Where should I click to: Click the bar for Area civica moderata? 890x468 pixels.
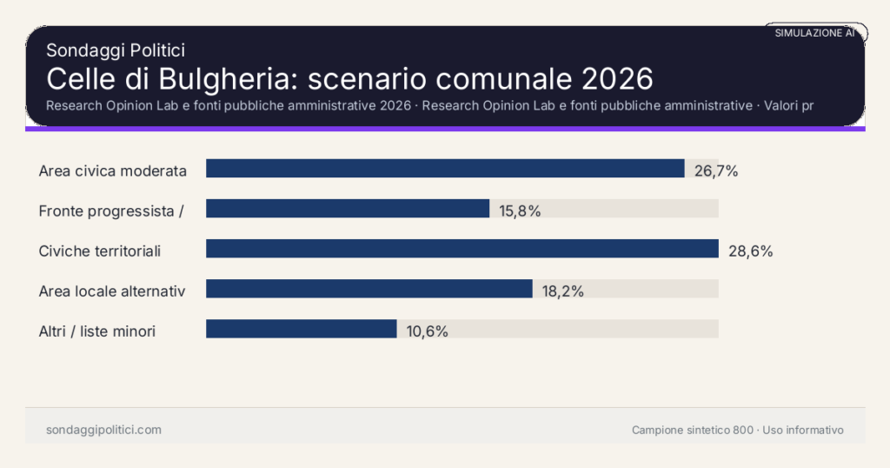[x=445, y=169]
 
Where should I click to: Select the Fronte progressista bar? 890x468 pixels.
[x=348, y=209]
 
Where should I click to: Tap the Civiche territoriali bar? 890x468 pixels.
[x=462, y=249]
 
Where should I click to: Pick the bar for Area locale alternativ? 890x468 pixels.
[x=369, y=289]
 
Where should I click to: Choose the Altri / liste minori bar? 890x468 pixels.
[x=301, y=329]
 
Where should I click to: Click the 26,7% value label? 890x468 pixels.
[x=716, y=170]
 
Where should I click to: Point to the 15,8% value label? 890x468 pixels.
[x=520, y=211]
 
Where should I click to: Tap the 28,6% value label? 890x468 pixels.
[x=750, y=251]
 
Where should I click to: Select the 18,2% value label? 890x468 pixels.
[x=562, y=291]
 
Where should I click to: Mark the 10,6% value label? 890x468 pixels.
[x=427, y=331]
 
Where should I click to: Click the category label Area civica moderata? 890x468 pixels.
[x=113, y=170]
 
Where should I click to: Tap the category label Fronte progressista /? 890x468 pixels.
[x=110, y=211]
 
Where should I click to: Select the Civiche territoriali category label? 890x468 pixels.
[x=100, y=251]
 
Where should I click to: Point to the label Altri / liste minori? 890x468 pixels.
[x=97, y=331]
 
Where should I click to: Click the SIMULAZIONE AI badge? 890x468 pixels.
[x=815, y=32]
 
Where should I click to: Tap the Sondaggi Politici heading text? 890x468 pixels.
[x=116, y=50]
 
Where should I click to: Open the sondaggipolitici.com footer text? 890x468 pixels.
[x=103, y=430]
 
